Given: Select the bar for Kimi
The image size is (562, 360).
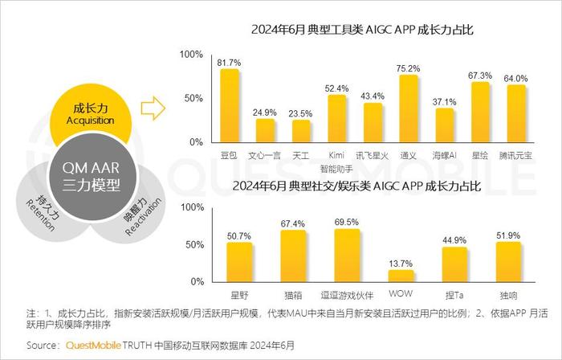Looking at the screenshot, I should [x=338, y=119].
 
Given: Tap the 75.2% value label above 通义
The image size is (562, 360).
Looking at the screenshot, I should [x=408, y=68].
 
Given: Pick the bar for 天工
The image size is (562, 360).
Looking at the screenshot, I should [x=302, y=131].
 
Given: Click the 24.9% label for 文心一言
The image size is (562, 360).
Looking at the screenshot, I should [x=265, y=112].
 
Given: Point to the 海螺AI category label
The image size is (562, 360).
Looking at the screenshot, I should [x=444, y=153].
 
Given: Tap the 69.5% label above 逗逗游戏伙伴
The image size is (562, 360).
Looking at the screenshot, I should [x=347, y=221].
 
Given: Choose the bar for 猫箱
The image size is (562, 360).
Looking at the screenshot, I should [x=293, y=256].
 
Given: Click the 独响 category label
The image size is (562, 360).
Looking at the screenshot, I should [x=509, y=295].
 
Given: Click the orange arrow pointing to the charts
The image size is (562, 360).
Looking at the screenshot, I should [x=152, y=105].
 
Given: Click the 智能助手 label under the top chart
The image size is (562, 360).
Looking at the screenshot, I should [x=337, y=169].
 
